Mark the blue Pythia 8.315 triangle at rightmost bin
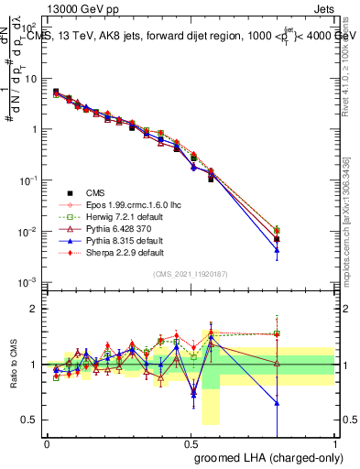[277, 250]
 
